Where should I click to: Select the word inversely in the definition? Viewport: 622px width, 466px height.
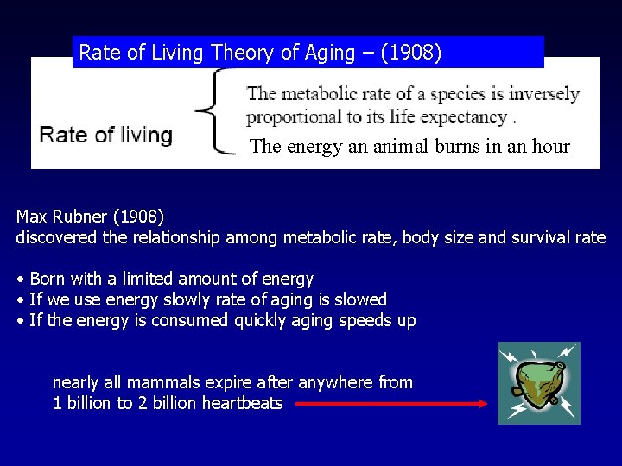[543, 94]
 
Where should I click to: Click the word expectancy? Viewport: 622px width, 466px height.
[465, 117]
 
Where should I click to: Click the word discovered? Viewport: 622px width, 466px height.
[56, 237]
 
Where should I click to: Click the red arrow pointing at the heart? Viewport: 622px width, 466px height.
[393, 403]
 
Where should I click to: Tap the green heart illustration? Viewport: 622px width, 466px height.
[538, 382]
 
